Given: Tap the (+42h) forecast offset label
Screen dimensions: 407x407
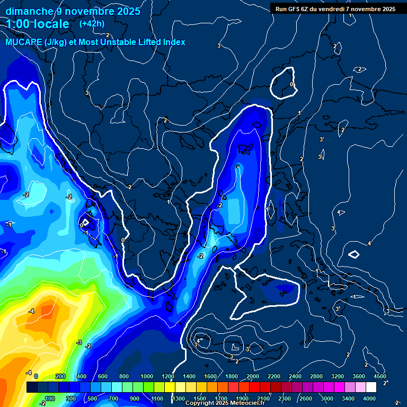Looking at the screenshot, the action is point(92,23).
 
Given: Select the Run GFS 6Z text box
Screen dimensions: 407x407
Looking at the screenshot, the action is point(335,9).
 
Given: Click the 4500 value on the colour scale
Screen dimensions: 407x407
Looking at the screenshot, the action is point(379,376).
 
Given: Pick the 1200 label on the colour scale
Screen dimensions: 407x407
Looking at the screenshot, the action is point(168,376).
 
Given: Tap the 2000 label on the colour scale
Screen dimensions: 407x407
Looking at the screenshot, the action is point(253,376).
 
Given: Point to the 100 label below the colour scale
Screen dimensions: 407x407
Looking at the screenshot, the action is point(50,399).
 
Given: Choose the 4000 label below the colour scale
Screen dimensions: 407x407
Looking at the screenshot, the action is point(369,399).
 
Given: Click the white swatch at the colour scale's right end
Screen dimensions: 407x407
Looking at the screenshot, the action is point(371,387).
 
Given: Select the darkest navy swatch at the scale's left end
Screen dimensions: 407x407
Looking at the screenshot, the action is point(32,387).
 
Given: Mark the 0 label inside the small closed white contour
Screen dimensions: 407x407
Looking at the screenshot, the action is point(291,84).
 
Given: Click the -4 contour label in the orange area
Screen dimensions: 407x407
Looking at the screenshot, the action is point(32,311).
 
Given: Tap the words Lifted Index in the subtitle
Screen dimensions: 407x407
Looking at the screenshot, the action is point(158,42).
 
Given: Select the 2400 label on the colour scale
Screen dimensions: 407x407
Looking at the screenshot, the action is point(295,376).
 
